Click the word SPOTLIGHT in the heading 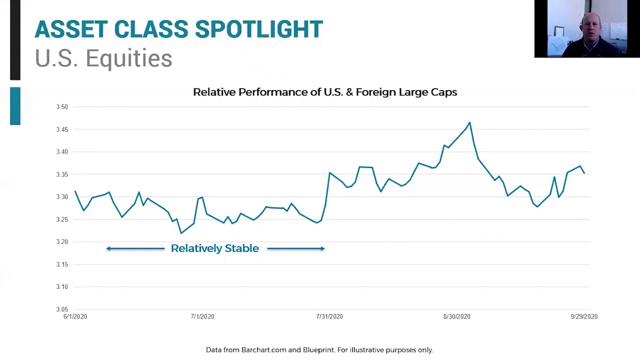pos(258,29)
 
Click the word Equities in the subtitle pos(129,58)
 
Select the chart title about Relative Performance pos(325,92)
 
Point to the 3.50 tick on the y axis pos(61,107)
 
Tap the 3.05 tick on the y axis pos(61,309)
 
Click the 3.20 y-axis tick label pos(61,242)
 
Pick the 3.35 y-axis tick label pos(61,174)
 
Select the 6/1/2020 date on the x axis pos(75,316)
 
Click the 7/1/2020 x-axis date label pos(202,316)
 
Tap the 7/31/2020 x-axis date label pos(329,316)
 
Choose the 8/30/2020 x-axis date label pos(456,316)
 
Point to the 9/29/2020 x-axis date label pos(584,316)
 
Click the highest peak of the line pos(469,122)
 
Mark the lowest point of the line pos(181,233)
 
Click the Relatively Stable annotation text pos(215,248)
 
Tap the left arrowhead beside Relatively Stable pos(108,248)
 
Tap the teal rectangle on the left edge pos(15,106)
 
